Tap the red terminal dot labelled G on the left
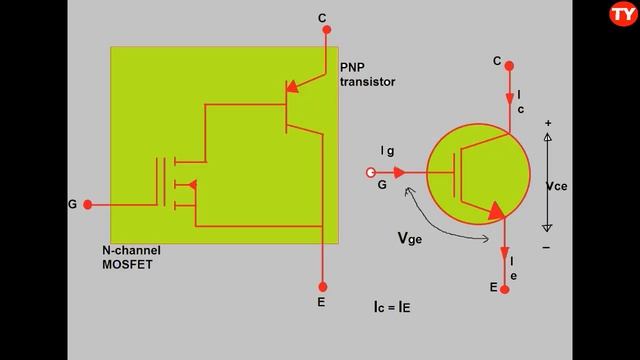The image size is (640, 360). click(88, 204)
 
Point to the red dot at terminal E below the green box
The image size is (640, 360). click(322, 282)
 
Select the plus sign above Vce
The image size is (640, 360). click(548, 123)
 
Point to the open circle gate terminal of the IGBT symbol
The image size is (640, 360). click(372, 171)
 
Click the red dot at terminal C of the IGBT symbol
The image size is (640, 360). click(509, 65)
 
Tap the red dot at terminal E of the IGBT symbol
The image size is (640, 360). click(505, 289)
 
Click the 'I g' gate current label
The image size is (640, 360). click(387, 150)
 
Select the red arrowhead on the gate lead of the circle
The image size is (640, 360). click(400, 171)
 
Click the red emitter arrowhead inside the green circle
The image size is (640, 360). click(495, 210)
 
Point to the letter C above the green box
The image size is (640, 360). click(321, 17)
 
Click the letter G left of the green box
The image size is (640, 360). click(72, 204)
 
